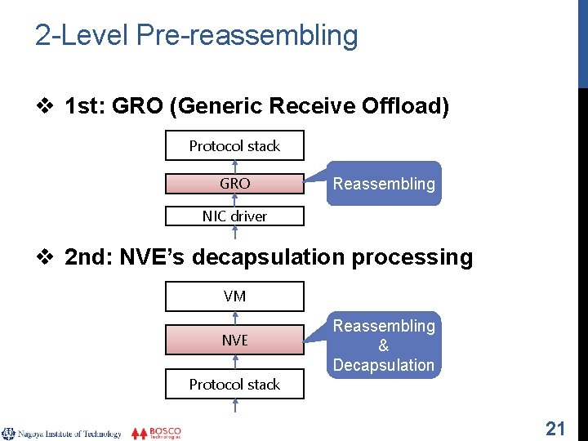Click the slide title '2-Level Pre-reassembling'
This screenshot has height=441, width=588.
pyautogui.click(x=196, y=35)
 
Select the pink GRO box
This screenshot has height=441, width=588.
pyautogui.click(x=234, y=184)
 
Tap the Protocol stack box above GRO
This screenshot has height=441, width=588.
pyautogui.click(x=234, y=146)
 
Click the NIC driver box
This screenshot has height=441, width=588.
pyautogui.click(x=234, y=216)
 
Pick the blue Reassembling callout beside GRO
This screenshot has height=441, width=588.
pyautogui.click(x=384, y=184)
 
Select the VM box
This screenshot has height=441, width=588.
pyautogui.click(x=234, y=296)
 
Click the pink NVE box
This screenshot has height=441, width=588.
pyautogui.click(x=234, y=340)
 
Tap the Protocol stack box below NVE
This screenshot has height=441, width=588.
pyautogui.click(x=234, y=384)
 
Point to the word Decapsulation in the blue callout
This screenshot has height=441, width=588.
pyautogui.click(x=384, y=365)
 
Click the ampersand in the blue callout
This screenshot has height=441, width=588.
pyautogui.click(x=384, y=345)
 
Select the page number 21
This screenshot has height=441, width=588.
pyautogui.click(x=555, y=428)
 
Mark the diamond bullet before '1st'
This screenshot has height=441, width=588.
pyautogui.click(x=47, y=106)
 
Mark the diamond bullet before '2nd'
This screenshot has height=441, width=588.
pyautogui.click(x=47, y=258)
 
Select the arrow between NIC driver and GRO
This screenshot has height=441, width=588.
pyautogui.click(x=234, y=200)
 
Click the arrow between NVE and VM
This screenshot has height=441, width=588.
pyautogui.click(x=234, y=318)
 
